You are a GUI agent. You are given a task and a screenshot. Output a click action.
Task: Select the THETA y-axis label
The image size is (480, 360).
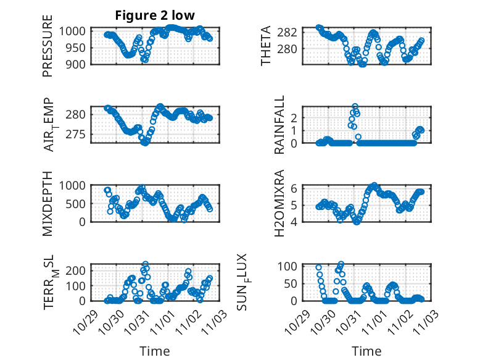pos(266,46)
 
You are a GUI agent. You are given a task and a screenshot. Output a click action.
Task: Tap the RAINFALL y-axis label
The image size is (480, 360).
pos(279,125)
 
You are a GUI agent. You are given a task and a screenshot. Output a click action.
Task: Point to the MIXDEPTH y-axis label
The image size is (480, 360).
pos(48,204)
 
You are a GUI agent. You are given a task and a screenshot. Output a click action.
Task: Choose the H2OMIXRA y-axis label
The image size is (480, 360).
pos(279,203)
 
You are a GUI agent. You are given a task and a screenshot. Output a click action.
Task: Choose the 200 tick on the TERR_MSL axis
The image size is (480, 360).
pos(78,271)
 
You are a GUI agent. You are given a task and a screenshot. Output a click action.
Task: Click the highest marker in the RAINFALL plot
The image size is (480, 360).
pos(355,106)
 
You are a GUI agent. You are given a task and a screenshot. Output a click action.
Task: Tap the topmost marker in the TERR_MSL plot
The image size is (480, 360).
pos(146,264)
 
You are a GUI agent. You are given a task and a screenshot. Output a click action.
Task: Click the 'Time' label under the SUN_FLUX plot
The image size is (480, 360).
pos(366,351)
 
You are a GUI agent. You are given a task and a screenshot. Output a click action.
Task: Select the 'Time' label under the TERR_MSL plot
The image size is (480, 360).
pos(154,351)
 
